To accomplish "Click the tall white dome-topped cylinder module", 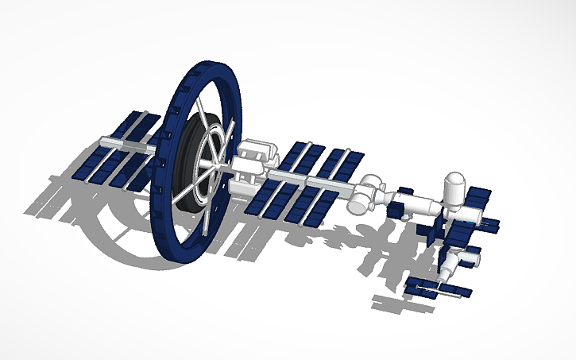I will (455, 191).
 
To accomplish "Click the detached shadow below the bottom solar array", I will (397, 303).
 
